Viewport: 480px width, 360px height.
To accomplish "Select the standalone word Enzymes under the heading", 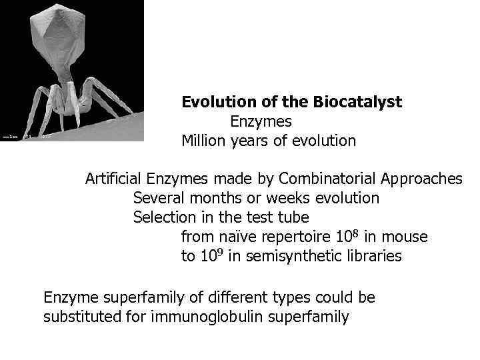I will click(261, 121).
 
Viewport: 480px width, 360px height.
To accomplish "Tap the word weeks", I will click(300, 198).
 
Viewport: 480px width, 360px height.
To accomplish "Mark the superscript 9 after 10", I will click(220, 252).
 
